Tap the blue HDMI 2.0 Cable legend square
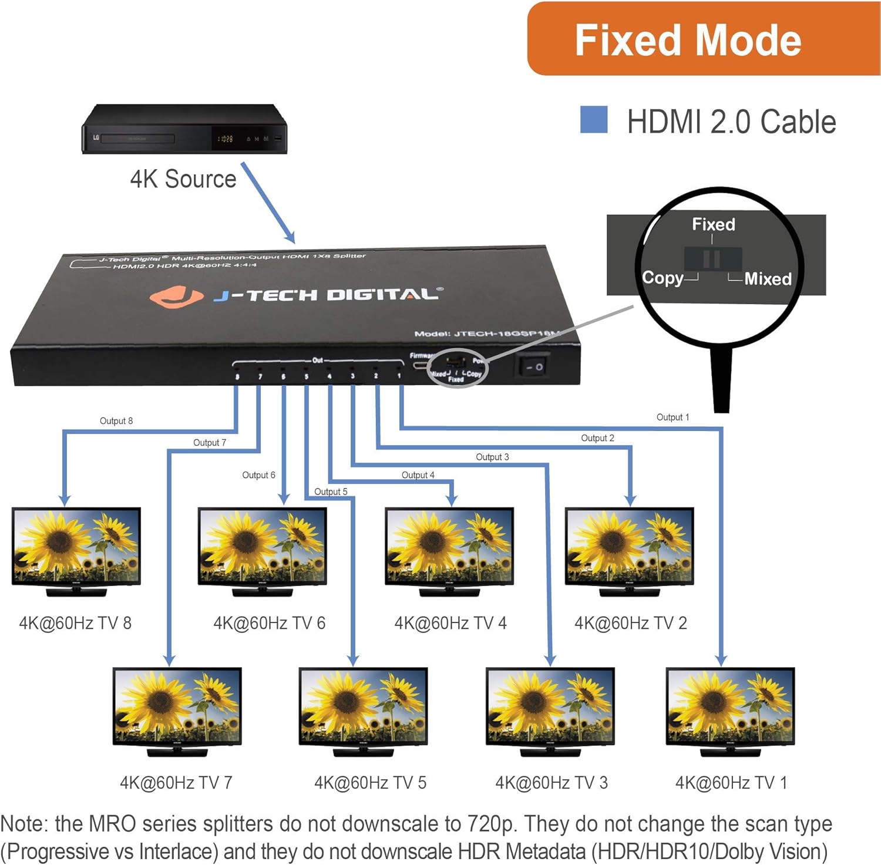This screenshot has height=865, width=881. click(x=593, y=119)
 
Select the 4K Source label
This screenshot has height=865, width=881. click(x=183, y=179)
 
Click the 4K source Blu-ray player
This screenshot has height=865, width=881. click(x=184, y=130)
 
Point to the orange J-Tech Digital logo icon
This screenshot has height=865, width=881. click(x=176, y=296)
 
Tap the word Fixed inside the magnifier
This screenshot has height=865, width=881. click(x=713, y=224)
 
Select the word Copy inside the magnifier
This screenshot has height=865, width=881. click(x=663, y=277)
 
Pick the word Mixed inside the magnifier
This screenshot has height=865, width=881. click(x=768, y=278)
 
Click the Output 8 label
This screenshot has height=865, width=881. click(x=116, y=421)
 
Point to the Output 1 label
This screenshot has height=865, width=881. click(x=672, y=418)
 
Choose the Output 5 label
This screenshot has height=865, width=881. click(x=331, y=492)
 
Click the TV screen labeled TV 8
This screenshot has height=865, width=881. click(x=76, y=546)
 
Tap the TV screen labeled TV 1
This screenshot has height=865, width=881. click(x=730, y=705)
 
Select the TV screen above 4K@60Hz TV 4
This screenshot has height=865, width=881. click(x=449, y=546)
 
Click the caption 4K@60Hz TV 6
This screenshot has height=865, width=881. click(x=269, y=623)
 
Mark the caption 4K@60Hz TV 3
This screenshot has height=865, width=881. click(x=552, y=783)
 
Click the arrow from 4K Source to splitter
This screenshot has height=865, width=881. click(x=268, y=203)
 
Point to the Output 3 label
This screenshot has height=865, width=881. click(x=492, y=457)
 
